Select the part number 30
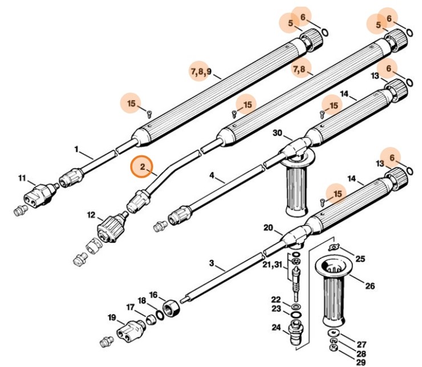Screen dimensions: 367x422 tap(277, 133)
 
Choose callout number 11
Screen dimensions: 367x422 tap(22, 179)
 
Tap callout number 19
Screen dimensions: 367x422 tap(111, 317)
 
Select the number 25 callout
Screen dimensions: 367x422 tap(360, 258)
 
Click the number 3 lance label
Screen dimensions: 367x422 tap(212, 263)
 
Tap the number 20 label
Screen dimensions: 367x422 tap(268, 227)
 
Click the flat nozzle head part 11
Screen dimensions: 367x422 tap(37, 193)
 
